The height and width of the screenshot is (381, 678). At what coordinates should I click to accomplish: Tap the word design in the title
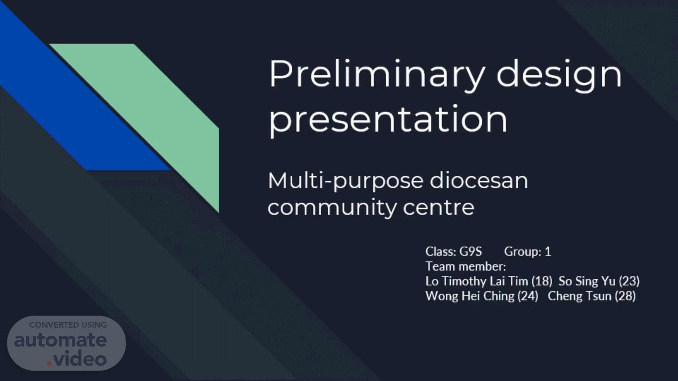(559, 75)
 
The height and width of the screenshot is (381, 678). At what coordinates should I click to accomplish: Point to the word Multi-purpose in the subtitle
(345, 182)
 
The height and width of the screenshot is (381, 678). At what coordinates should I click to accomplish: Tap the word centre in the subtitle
(439, 207)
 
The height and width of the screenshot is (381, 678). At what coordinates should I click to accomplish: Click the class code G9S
(470, 252)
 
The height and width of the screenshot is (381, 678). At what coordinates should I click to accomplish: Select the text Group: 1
(528, 252)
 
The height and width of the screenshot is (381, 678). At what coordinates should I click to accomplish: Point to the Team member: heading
(466, 266)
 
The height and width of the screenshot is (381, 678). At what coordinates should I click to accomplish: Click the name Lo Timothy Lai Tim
(477, 281)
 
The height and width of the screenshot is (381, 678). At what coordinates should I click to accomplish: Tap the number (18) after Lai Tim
(542, 281)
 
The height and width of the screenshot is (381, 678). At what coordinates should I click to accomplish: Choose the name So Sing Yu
(587, 281)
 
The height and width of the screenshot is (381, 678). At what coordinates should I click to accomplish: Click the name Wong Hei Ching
(470, 296)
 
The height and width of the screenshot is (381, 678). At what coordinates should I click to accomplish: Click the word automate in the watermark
(60, 340)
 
